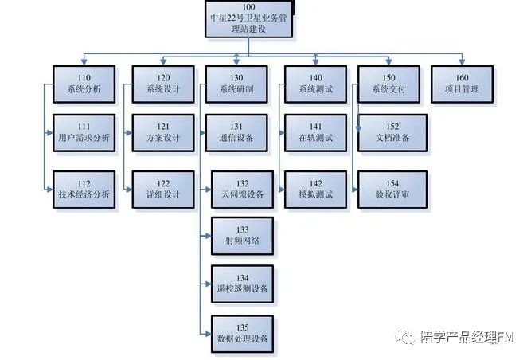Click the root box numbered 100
pyautogui.click(x=248, y=19)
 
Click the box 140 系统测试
pyautogui.click(x=315, y=83)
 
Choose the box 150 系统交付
pyautogui.click(x=388, y=83)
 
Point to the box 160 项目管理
pyautogui.click(x=463, y=83)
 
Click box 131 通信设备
pyautogui.click(x=240, y=132)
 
